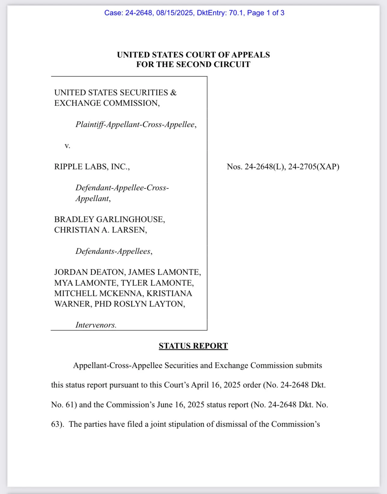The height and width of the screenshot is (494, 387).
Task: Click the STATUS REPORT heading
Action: pyautogui.click(x=193, y=346)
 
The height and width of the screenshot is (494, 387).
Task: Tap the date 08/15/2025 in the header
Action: pyautogui.click(x=175, y=13)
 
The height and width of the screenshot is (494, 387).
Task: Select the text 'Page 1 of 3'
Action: pyautogui.click(x=265, y=13)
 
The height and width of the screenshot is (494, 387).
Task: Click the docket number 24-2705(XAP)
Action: pyautogui.click(x=313, y=167)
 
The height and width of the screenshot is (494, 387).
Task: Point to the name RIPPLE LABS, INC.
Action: pyautogui.click(x=92, y=167)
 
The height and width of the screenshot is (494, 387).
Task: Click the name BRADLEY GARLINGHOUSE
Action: pyautogui.click(x=109, y=219)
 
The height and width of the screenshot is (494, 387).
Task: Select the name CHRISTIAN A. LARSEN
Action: pyautogui.click(x=100, y=230)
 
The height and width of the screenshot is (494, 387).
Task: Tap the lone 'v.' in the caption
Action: pyautogui.click(x=67, y=146)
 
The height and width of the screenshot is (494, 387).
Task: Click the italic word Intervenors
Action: pyautogui.click(x=96, y=325)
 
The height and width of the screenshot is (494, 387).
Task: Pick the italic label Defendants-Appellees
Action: pyautogui.click(x=114, y=251)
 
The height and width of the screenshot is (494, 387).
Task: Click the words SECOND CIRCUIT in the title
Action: pyautogui.click(x=213, y=64)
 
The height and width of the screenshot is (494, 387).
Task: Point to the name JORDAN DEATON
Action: pyautogui.click(x=89, y=272)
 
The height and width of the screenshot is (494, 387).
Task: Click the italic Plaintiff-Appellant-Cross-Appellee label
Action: pyautogui.click(x=136, y=124)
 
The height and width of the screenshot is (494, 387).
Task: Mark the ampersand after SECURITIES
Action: pyautogui.click(x=173, y=93)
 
